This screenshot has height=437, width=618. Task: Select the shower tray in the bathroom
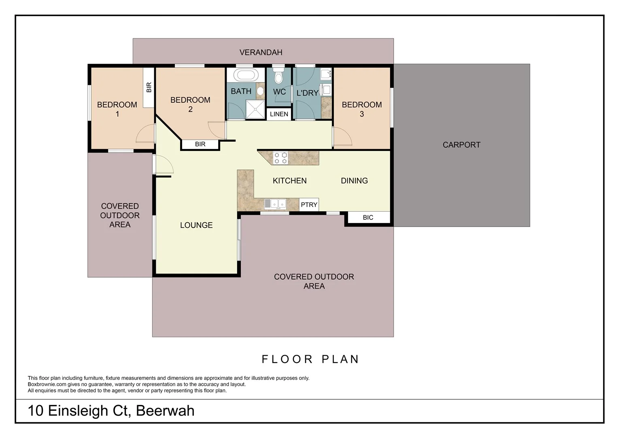coord(255,109)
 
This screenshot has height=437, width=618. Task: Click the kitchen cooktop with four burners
coord(281,158)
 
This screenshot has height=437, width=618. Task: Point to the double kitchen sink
coord(275,204)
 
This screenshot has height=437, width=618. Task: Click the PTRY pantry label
coord(309,205)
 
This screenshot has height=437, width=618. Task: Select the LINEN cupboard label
coord(279,114)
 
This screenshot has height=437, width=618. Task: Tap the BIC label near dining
coord(368,218)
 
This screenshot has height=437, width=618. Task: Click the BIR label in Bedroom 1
coord(149,87)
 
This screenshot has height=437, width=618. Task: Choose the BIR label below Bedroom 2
coord(200,144)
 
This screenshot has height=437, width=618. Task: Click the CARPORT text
coord(461,145)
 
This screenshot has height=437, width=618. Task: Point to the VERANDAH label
coord(261,52)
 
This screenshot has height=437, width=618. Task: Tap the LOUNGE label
coord(196,225)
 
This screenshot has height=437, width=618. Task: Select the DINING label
coord(354,181)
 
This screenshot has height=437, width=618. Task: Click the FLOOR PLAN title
coord(310,359)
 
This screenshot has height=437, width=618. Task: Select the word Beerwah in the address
coord(165,411)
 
